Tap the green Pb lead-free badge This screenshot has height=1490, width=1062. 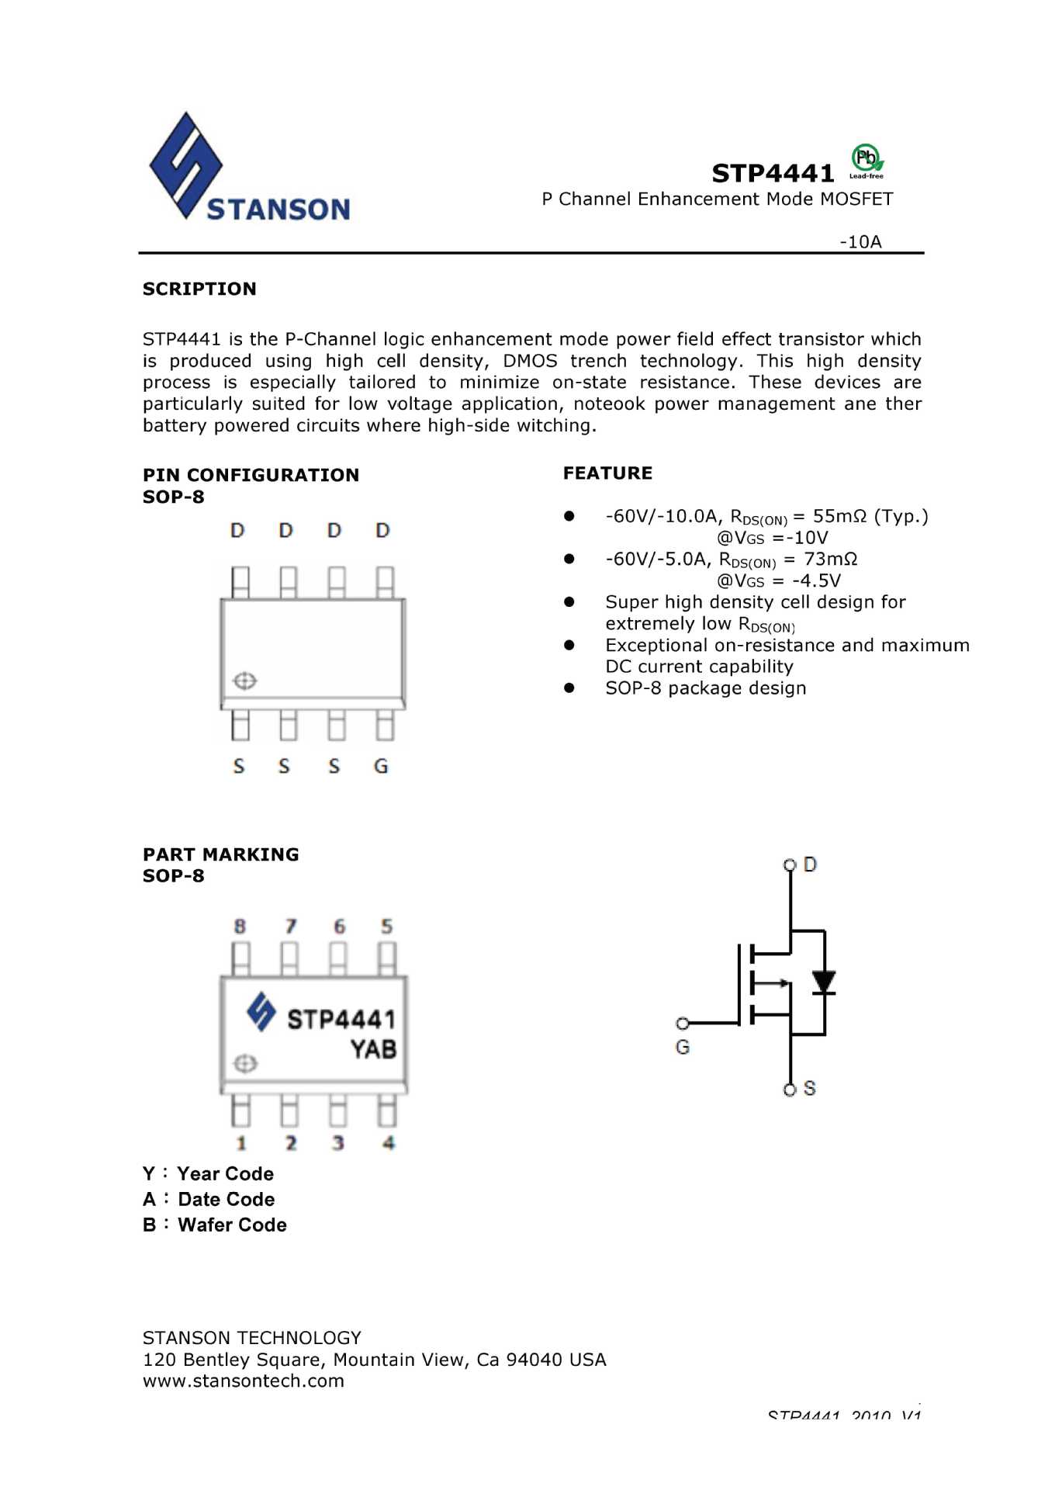coord(867,160)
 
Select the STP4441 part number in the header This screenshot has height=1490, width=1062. coord(773,173)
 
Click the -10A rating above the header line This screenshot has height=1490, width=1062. coord(860,241)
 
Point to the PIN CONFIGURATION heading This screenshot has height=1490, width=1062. coord(251,475)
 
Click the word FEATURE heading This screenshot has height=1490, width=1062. coord(607,473)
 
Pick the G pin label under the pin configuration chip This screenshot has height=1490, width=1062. coord(381,766)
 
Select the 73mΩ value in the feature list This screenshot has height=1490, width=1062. coord(830,559)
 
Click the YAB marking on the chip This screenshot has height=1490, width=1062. coord(373,1049)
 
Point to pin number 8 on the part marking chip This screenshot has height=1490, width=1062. coord(240,926)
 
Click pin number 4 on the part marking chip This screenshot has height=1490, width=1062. coord(388,1142)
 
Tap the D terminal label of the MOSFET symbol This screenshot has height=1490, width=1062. coord(810,865)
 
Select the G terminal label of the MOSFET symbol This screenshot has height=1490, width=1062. coord(683,1047)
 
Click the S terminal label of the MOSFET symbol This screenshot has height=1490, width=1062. coord(810,1088)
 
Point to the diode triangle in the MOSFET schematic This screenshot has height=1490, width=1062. coord(824,982)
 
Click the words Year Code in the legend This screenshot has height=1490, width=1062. coord(225,1173)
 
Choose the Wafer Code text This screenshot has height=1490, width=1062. coord(232,1225)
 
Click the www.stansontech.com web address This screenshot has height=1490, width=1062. coord(244,1381)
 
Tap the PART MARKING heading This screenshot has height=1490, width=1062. coord(220,854)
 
